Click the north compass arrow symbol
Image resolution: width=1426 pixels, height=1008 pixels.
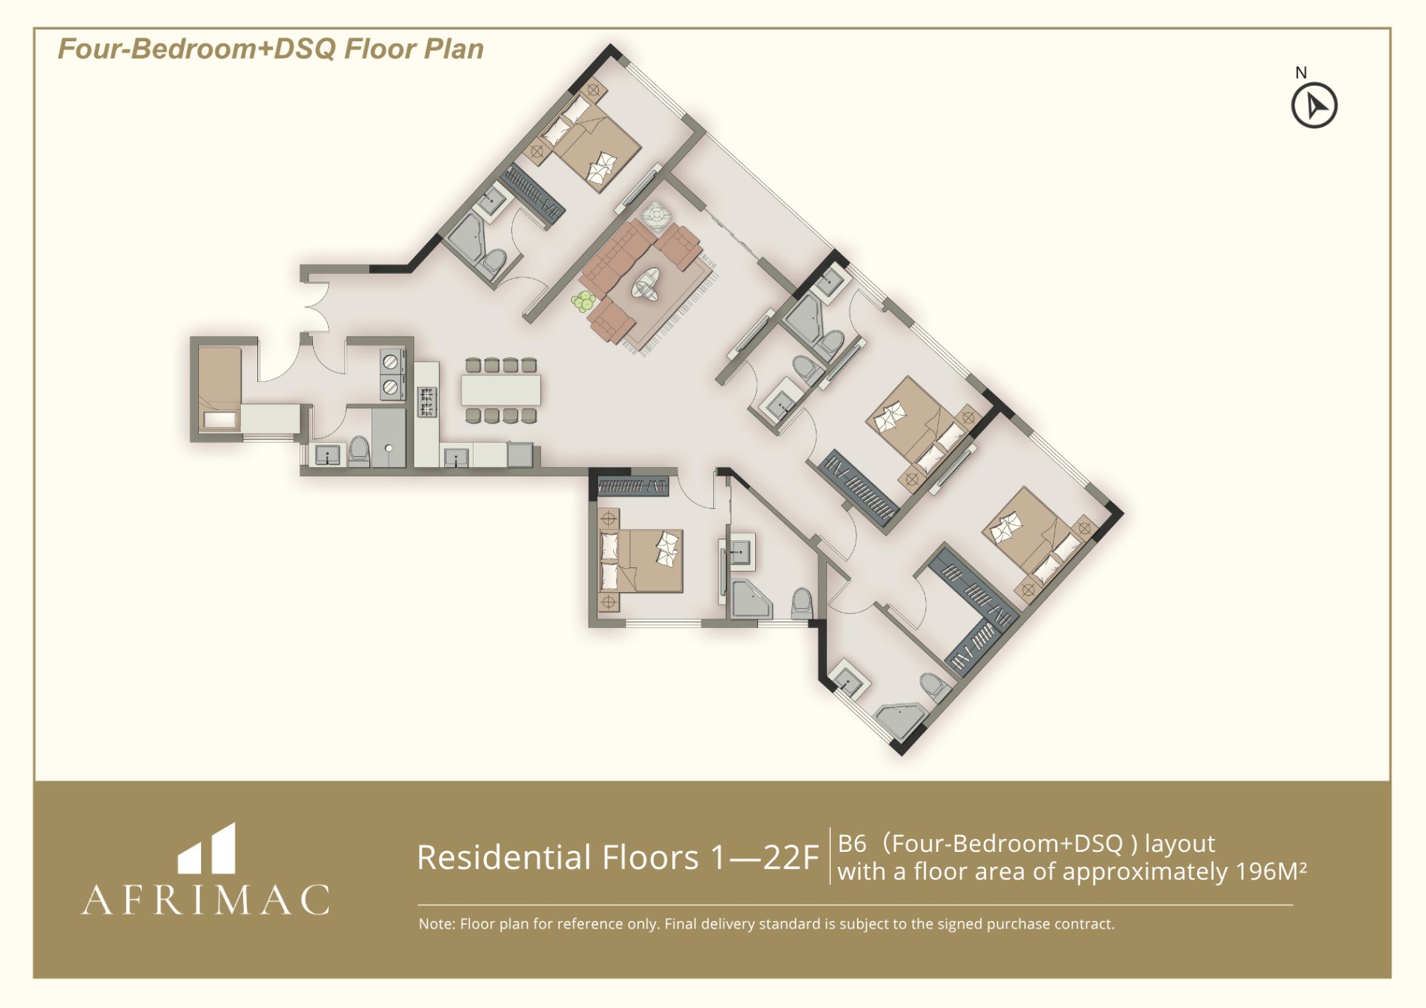pyautogui.click(x=1314, y=106)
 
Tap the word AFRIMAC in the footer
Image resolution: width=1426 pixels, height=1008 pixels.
pyautogui.click(x=206, y=899)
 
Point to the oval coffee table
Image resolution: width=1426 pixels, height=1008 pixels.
pyautogui.click(x=646, y=284)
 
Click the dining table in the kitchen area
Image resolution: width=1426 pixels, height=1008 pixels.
pyautogui.click(x=501, y=390)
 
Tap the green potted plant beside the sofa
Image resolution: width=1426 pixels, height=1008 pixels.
pyautogui.click(x=582, y=302)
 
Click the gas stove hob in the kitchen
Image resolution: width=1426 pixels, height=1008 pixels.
pyautogui.click(x=426, y=401)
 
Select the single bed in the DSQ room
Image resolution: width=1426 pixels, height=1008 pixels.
pyautogui.click(x=219, y=388)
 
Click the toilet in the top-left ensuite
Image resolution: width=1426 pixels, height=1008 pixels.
pyautogui.click(x=494, y=263)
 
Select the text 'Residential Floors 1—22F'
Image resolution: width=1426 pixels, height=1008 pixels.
pyautogui.click(x=617, y=857)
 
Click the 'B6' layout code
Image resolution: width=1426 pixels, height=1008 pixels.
pyautogui.click(x=852, y=844)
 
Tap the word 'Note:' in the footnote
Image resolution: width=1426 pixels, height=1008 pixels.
pyautogui.click(x=436, y=924)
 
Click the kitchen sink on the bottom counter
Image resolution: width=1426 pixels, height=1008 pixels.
pyautogui.click(x=456, y=457)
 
